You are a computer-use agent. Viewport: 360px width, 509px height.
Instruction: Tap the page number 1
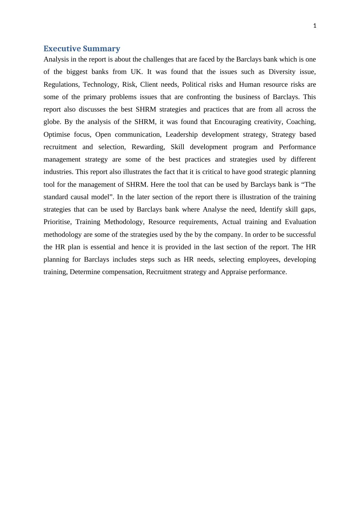(x=315, y=26)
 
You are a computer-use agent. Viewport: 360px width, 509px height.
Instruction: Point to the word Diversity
(x=282, y=72)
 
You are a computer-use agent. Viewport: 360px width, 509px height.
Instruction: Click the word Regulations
(x=61, y=85)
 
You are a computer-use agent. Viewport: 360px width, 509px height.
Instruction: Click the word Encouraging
(x=233, y=122)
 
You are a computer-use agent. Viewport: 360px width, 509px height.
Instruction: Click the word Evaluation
(x=300, y=222)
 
